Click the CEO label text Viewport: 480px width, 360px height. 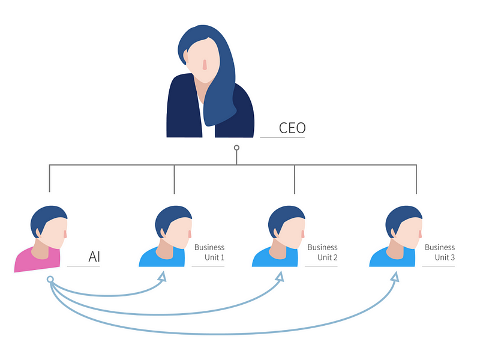(292, 128)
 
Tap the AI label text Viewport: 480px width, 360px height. (94, 257)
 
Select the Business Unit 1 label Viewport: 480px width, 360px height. (209, 252)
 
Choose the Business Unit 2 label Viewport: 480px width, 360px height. (322, 252)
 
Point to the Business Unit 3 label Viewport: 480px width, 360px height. (440, 252)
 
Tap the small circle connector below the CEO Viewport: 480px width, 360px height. (236, 148)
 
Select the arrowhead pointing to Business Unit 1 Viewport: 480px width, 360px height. (161, 277)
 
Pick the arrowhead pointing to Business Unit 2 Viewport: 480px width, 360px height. (279, 277)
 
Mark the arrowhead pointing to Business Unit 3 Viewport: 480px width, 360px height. (395, 277)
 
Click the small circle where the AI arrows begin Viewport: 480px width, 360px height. (50, 280)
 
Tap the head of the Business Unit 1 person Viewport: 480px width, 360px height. (174, 228)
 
